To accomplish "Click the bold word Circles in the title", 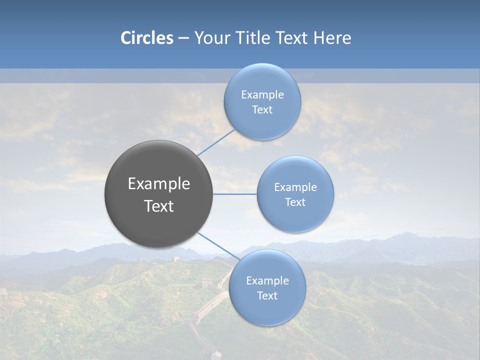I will (x=147, y=38).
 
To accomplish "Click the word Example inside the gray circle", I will (x=159, y=184).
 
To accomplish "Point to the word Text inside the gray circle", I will (x=159, y=206).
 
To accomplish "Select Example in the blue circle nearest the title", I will (x=262, y=95).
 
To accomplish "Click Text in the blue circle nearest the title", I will (x=262, y=110).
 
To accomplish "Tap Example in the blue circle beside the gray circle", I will (x=295, y=187).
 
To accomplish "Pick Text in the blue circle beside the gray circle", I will (x=295, y=202).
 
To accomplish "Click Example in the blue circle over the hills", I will (x=267, y=281).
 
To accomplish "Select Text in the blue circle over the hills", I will (x=267, y=296).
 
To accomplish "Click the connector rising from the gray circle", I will (x=216, y=142).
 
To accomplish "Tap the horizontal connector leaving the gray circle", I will (x=235, y=194).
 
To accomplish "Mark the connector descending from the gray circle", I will (x=218, y=246).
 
